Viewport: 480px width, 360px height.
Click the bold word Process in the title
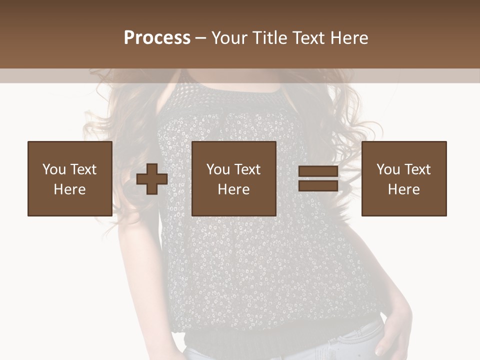(x=157, y=38)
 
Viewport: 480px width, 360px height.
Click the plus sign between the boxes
(x=152, y=179)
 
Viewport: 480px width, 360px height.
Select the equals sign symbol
(x=318, y=179)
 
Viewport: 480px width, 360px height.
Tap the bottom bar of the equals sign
(x=318, y=186)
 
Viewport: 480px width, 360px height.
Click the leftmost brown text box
(x=69, y=178)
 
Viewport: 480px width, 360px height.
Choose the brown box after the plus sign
(x=233, y=178)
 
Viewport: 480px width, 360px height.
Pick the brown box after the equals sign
(x=403, y=178)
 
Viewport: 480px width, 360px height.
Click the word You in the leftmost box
(x=53, y=169)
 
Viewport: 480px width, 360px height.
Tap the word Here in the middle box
(x=233, y=189)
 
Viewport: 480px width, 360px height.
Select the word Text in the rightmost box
(x=417, y=169)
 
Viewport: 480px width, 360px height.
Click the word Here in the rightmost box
(x=403, y=189)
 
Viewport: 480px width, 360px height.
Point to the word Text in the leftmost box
(x=83, y=169)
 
